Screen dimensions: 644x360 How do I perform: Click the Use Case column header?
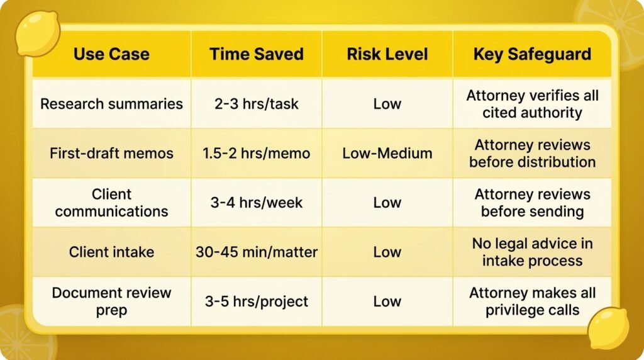pyautogui.click(x=111, y=54)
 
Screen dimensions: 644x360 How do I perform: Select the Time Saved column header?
pyautogui.click(x=257, y=54)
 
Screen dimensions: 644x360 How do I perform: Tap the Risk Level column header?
pyautogui.click(x=387, y=54)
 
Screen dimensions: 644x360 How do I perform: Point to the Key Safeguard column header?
pyautogui.click(x=532, y=54)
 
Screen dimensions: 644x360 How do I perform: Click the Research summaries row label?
pyautogui.click(x=111, y=104)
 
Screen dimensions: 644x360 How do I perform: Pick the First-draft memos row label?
pyautogui.click(x=111, y=154)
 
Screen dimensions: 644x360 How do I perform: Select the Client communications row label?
pyautogui.click(x=111, y=203)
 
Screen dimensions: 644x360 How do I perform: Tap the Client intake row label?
pyautogui.click(x=111, y=252)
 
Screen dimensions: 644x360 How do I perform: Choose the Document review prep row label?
pyautogui.click(x=111, y=301)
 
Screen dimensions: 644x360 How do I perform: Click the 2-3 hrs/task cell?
pyautogui.click(x=257, y=104)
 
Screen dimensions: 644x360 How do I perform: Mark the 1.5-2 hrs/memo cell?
pyautogui.click(x=257, y=154)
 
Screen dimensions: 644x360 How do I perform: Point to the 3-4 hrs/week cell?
pyautogui.click(x=257, y=203)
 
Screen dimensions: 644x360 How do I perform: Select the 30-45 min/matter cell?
pyautogui.click(x=257, y=252)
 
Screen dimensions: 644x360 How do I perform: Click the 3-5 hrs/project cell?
pyautogui.click(x=257, y=301)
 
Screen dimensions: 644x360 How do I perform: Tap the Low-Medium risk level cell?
pyautogui.click(x=387, y=154)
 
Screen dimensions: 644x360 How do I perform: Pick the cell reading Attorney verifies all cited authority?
pyautogui.click(x=532, y=104)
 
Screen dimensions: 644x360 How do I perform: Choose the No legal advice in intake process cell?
pyautogui.click(x=532, y=252)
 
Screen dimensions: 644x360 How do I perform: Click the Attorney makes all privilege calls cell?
pyautogui.click(x=532, y=301)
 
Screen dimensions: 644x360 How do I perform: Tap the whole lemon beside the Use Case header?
pyautogui.click(x=38, y=34)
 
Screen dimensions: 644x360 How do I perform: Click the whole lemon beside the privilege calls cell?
pyautogui.click(x=608, y=328)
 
